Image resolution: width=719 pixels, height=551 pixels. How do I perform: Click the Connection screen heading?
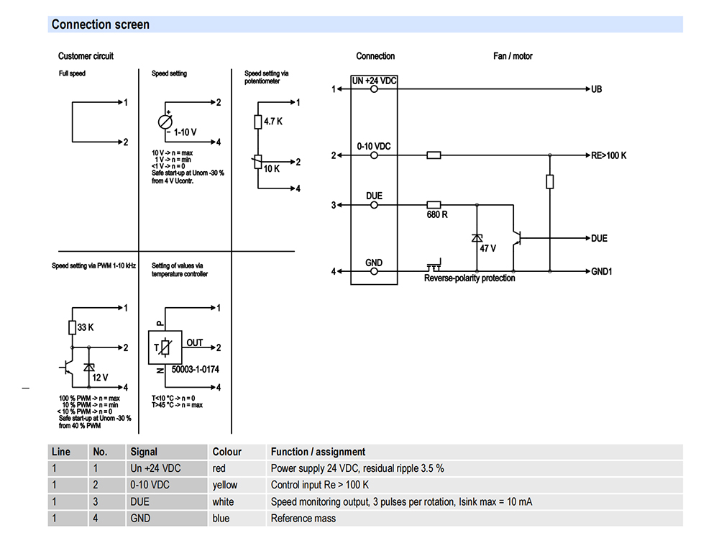point(101,24)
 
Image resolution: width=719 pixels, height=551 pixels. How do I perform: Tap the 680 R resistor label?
point(437,214)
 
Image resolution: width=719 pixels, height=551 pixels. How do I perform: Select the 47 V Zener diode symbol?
point(477,238)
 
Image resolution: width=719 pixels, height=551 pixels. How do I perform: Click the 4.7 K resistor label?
point(273,122)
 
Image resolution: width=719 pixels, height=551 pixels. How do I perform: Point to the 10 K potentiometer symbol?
point(257,162)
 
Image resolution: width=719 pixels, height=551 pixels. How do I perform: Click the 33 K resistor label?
point(86,327)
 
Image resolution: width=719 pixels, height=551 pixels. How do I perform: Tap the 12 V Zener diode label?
point(100,378)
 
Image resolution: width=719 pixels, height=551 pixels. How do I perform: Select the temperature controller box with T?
point(165,347)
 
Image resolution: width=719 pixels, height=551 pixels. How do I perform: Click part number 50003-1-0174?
point(196,369)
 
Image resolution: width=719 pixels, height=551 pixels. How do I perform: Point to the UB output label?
point(596,89)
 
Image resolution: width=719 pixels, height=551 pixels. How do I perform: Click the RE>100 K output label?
point(608,155)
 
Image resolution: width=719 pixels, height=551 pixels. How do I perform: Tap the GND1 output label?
point(602,272)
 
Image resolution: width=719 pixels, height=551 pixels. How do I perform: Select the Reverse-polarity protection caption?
point(470,278)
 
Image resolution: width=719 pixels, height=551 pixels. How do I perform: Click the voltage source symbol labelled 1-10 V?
point(165,122)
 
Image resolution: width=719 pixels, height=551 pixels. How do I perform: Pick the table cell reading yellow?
point(224,485)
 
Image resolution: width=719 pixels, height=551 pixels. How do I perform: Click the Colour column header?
point(226,452)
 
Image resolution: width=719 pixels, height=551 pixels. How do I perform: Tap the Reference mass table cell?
point(303,519)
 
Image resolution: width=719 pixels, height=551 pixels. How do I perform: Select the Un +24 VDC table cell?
point(155,468)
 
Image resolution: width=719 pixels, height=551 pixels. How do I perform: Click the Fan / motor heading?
point(513,56)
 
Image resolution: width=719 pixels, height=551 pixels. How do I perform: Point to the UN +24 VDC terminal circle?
point(374,89)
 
